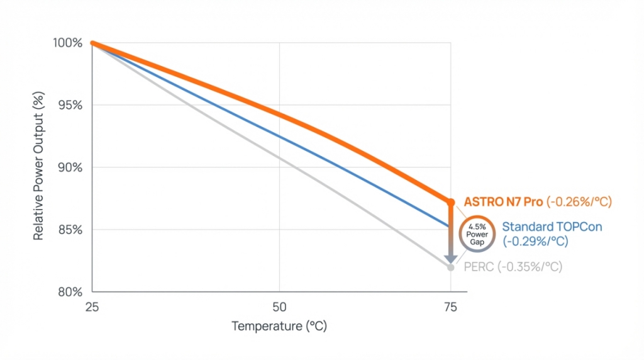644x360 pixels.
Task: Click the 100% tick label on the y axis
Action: pyautogui.click(x=67, y=43)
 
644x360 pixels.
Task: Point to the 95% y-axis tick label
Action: pyautogui.click(x=70, y=105)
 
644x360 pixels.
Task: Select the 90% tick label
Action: pyautogui.click(x=70, y=167)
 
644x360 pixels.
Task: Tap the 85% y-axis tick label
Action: pyautogui.click(x=70, y=230)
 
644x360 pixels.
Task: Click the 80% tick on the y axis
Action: pyautogui.click(x=70, y=292)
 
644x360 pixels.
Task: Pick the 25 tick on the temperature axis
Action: pyautogui.click(x=92, y=307)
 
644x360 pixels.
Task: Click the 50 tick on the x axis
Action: pyautogui.click(x=279, y=307)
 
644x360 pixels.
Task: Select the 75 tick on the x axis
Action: pyautogui.click(x=450, y=307)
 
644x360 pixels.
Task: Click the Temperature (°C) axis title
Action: pyautogui.click(x=279, y=326)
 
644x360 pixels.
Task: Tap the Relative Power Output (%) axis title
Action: pyautogui.click(x=38, y=167)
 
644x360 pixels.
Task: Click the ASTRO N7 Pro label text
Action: pyautogui.click(x=503, y=202)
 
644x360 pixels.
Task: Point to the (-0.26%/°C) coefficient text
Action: pyautogui.click(x=579, y=202)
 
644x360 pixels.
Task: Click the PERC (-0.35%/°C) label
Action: pyautogui.click(x=513, y=267)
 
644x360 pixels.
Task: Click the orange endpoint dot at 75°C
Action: pyautogui.click(x=450, y=202)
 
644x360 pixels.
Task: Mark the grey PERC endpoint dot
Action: pyautogui.click(x=450, y=267)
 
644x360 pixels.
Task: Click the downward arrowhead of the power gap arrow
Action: pyautogui.click(x=450, y=259)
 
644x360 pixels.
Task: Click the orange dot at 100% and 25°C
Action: pyautogui.click(x=92, y=43)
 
